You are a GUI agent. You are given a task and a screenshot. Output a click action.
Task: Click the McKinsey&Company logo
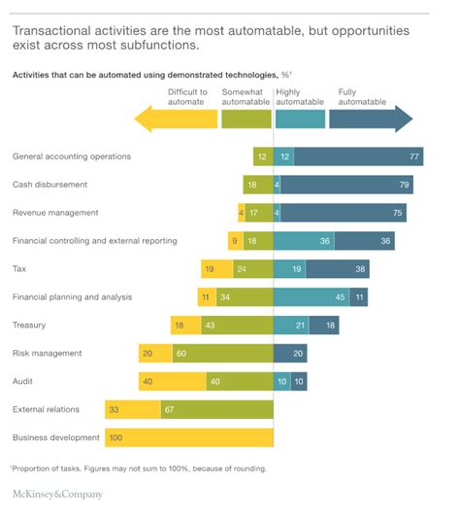pyautogui.click(x=56, y=495)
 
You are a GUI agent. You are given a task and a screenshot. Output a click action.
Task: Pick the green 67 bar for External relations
pyautogui.click(x=224, y=409)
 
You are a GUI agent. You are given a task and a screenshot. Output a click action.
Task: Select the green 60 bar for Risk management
pyautogui.click(x=223, y=353)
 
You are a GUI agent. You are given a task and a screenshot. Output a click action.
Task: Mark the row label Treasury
pyautogui.click(x=29, y=325)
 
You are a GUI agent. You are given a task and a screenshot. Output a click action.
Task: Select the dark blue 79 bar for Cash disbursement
pyautogui.click(x=348, y=185)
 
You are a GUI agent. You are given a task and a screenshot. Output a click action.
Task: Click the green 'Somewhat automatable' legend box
pyautogui.click(x=246, y=119)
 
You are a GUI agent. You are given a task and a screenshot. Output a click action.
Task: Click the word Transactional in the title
pyautogui.click(x=51, y=31)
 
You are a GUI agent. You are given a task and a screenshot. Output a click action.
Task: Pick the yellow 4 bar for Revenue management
pyautogui.click(x=241, y=213)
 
